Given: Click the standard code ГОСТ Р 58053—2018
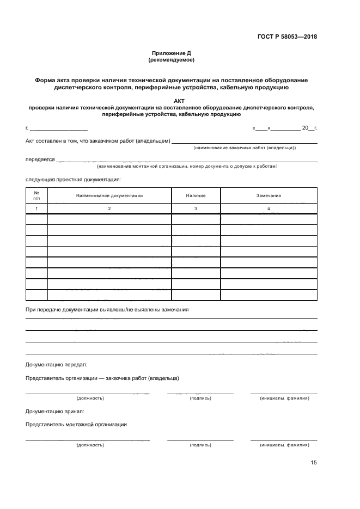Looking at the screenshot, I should point(287,37).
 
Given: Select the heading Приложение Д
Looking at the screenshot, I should point(172,53).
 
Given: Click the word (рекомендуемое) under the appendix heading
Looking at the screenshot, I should point(172,60).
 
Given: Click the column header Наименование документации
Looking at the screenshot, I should point(109,195).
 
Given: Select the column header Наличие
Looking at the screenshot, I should point(196,195).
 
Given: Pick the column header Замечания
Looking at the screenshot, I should point(269,195).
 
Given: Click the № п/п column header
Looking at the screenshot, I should point(36,195).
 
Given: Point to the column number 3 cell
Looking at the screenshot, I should point(196,209).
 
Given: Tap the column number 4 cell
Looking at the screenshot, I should point(269,209).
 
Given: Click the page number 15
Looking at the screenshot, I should point(313,463).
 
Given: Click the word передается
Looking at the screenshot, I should point(40,160).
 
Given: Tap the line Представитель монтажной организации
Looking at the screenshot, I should point(76,424).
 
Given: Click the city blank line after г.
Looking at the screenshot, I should point(58,129).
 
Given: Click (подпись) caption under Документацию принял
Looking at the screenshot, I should point(200,445).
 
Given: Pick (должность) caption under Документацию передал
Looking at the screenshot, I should point(90,398).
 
